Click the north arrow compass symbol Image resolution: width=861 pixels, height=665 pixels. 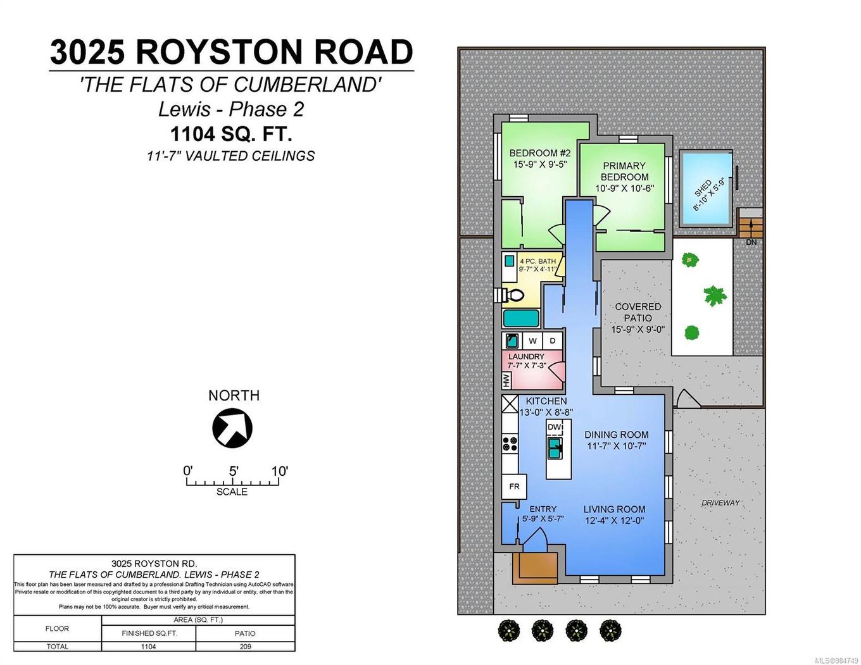click(232, 428)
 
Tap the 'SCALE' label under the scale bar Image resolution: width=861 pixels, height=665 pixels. click(232, 492)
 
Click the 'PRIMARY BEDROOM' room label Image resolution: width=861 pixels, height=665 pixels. click(624, 171)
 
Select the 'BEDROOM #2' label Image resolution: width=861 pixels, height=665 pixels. click(540, 153)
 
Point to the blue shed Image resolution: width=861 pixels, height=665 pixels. click(705, 188)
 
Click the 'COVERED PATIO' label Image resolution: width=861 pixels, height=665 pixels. click(638, 312)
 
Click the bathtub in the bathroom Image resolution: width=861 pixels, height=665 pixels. click(521, 318)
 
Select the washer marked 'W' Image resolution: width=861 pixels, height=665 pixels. click(532, 340)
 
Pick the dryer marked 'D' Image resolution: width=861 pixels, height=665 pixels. click(553, 340)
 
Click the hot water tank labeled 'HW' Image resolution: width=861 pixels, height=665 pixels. click(506, 380)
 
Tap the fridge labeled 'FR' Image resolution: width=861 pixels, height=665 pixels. click(514, 486)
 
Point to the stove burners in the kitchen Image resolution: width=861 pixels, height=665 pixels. click(510, 444)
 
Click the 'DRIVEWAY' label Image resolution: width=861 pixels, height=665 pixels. click(720, 502)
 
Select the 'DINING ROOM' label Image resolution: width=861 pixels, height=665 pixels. click(616, 435)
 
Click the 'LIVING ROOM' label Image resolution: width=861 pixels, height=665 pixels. click(614, 509)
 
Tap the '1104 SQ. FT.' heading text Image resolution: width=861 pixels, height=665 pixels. click(230, 134)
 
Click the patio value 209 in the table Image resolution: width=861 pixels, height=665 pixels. click(245, 647)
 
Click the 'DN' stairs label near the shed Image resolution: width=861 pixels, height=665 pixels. click(751, 242)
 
